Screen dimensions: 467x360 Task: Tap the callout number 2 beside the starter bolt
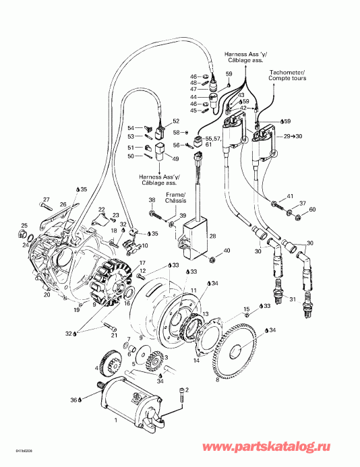pos(186,390)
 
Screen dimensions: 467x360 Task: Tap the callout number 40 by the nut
pos(227,251)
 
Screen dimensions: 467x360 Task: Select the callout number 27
pos(47,199)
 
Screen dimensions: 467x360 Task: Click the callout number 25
pos(24,226)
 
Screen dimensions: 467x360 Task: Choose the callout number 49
pos(175,159)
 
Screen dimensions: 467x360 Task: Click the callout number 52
pos(176,121)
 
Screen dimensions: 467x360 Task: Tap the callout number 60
pos(311,210)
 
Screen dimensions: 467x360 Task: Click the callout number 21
pos(114,336)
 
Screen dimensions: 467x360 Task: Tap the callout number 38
pos(152,201)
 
